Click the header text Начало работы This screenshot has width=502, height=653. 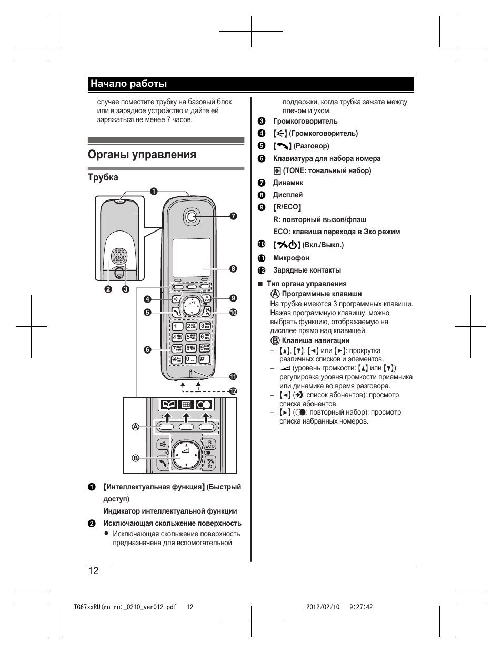(x=128, y=84)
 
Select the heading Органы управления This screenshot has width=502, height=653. (x=142, y=155)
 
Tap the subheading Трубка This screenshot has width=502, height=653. (x=103, y=177)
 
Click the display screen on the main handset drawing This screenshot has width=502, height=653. (x=192, y=257)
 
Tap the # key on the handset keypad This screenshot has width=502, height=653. (x=204, y=359)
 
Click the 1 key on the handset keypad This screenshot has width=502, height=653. (x=177, y=326)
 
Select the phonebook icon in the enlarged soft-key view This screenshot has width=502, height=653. (x=168, y=405)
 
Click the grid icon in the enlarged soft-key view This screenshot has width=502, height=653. (x=185, y=405)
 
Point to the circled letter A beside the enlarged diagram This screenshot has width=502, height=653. (x=135, y=426)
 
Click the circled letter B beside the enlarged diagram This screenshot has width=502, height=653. (x=135, y=458)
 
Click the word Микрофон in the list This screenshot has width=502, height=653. (x=291, y=258)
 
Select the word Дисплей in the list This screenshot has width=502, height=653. (x=287, y=195)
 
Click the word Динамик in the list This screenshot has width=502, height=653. (x=288, y=183)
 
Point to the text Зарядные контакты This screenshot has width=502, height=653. (x=307, y=270)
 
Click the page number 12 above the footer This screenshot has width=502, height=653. (x=94, y=571)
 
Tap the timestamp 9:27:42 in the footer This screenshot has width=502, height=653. (x=360, y=607)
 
